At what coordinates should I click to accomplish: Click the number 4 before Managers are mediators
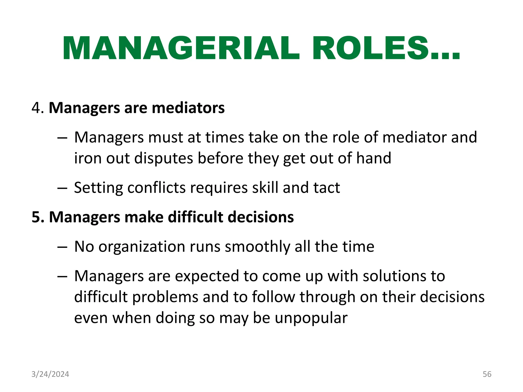click(x=36, y=108)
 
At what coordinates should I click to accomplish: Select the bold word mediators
click(x=188, y=108)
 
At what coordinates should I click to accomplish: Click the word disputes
click(x=163, y=158)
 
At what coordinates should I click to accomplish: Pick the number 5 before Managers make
click(x=36, y=217)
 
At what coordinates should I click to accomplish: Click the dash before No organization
click(x=62, y=247)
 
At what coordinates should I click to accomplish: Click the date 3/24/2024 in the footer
click(x=50, y=374)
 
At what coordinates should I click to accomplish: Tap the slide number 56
click(x=487, y=374)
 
